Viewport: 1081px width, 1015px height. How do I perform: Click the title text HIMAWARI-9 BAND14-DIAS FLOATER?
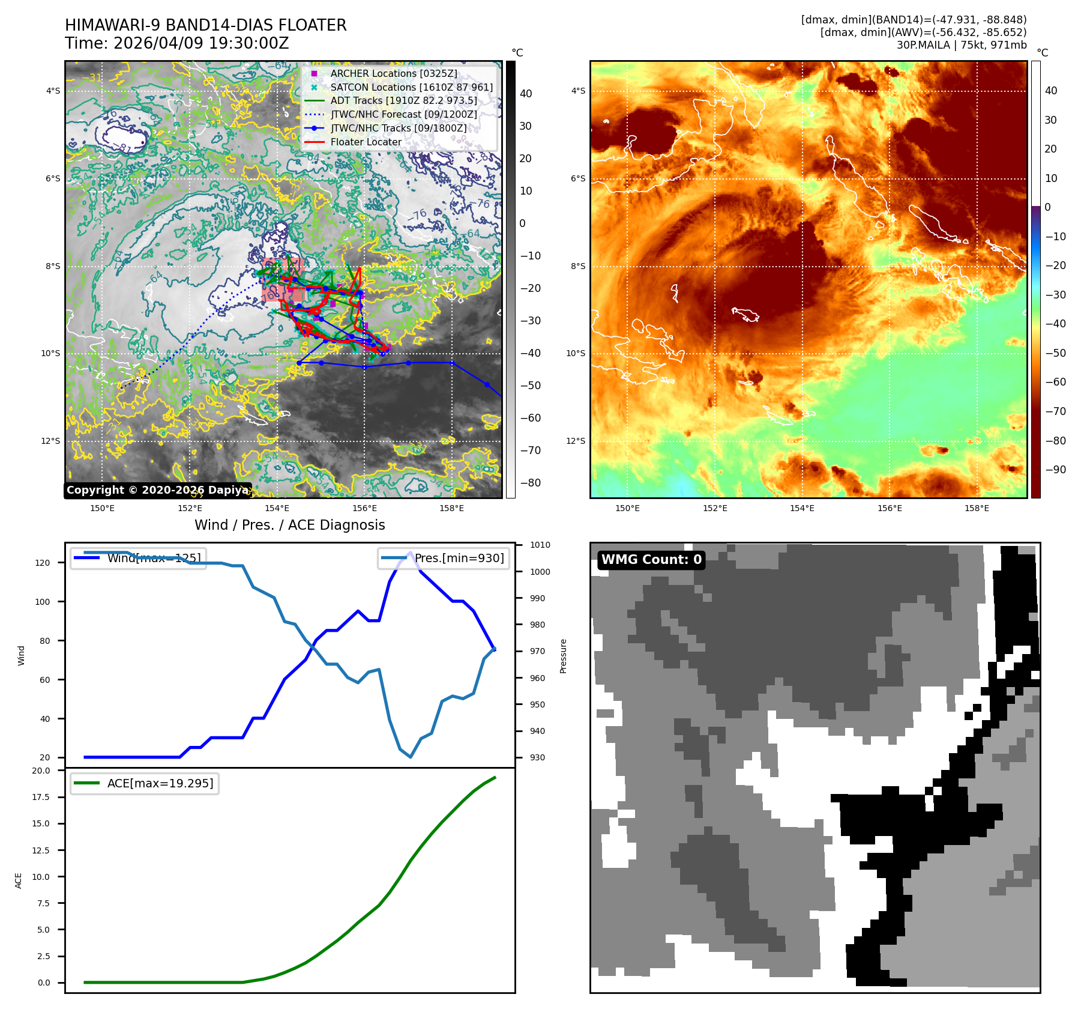click(x=205, y=25)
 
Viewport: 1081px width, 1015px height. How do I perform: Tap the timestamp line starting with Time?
click(x=177, y=43)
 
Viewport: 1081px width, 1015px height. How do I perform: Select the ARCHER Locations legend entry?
click(x=393, y=73)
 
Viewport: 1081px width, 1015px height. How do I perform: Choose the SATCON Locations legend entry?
click(x=411, y=87)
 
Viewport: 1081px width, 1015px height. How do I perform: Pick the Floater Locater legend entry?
click(x=366, y=142)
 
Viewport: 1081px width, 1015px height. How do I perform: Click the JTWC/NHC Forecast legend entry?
click(x=403, y=114)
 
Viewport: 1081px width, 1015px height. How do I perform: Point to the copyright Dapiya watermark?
click(x=157, y=490)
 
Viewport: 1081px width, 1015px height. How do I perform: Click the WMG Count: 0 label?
click(x=651, y=560)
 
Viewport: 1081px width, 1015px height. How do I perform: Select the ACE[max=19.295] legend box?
click(x=145, y=783)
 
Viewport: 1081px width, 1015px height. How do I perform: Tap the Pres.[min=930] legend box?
click(x=444, y=558)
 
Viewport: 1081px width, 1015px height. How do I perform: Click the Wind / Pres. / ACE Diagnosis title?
click(x=290, y=525)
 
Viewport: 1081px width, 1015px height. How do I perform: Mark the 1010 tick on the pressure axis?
click(x=540, y=545)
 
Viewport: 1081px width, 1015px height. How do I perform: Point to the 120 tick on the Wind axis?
click(x=43, y=563)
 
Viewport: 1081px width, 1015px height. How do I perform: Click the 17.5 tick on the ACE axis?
click(x=41, y=797)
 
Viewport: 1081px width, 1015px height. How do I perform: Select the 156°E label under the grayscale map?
click(x=364, y=508)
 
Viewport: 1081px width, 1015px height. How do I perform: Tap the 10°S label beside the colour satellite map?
click(x=575, y=353)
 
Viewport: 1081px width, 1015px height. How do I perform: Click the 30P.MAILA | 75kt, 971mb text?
click(x=962, y=45)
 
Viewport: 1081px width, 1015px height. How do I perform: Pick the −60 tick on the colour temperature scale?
click(x=1055, y=382)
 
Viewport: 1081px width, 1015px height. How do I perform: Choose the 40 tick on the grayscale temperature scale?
click(x=526, y=94)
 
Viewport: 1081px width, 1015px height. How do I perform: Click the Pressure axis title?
click(x=563, y=656)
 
